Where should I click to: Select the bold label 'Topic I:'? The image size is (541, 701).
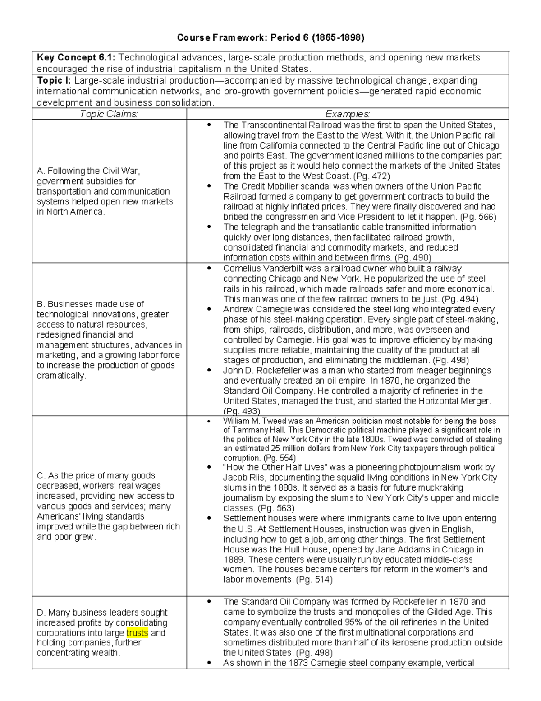[54, 81]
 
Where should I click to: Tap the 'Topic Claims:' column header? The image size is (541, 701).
[109, 114]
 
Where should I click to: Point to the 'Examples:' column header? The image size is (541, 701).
[348, 114]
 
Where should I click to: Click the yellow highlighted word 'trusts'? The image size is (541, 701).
[138, 633]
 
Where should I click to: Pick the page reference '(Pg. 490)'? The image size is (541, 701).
[413, 258]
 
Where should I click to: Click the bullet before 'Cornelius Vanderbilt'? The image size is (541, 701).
[208, 269]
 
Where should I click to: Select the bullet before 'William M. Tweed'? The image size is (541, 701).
[208, 421]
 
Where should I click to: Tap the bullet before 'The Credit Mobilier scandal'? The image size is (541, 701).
[208, 186]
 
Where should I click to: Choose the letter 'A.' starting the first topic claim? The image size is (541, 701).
[41, 171]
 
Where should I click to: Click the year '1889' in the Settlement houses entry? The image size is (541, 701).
[233, 560]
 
